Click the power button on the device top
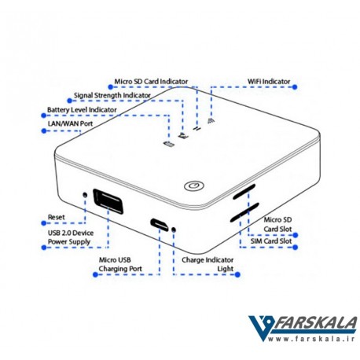pos(194,186)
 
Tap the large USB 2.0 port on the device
pos(108,201)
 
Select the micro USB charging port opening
pos(160,225)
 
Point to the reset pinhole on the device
pos(85,195)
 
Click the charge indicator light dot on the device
pos(173,230)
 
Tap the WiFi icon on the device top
pos(211,120)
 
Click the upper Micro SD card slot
pos(244,192)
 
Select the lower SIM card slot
pos(244,212)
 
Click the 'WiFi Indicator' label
pos(269,82)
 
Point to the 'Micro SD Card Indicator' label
pos(151,82)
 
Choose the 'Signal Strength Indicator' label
pos(112,95)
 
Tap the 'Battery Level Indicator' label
pos(82,110)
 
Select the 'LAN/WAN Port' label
pos(70,123)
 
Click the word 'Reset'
pos(56,217)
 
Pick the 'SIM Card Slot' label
pos(271,241)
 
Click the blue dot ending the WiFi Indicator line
pos(295,87)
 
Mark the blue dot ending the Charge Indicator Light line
pos(237,274)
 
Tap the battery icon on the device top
pos(169,144)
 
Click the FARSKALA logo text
pos(315,323)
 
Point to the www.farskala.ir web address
pos(311,339)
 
